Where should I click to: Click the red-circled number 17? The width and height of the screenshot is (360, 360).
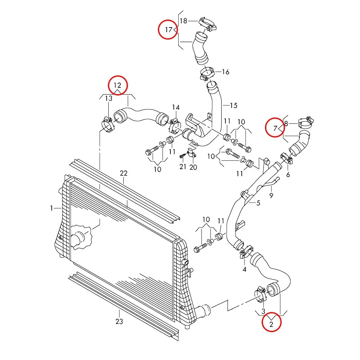[x=168, y=30]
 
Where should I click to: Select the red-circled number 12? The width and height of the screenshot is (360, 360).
[x=117, y=85]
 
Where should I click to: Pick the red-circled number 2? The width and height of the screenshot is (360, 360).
[x=272, y=323]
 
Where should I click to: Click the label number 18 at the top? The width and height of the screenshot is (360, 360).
[x=183, y=20]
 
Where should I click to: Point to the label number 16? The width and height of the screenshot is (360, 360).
[x=225, y=72]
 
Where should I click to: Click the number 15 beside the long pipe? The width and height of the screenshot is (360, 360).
[x=233, y=105]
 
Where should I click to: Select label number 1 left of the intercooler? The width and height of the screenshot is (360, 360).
[x=52, y=208]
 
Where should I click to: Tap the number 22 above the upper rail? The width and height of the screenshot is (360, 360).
[x=123, y=173]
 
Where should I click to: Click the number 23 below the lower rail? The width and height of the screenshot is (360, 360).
[x=119, y=321]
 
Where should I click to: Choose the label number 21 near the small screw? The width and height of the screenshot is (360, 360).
[x=182, y=167]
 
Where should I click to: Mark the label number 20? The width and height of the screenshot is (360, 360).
[x=193, y=167]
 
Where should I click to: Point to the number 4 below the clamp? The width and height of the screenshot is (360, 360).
[x=245, y=269]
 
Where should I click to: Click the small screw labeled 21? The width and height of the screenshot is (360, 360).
[x=182, y=156]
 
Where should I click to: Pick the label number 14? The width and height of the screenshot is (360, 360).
[x=176, y=107]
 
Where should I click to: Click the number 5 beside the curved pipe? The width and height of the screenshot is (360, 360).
[x=258, y=203]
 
